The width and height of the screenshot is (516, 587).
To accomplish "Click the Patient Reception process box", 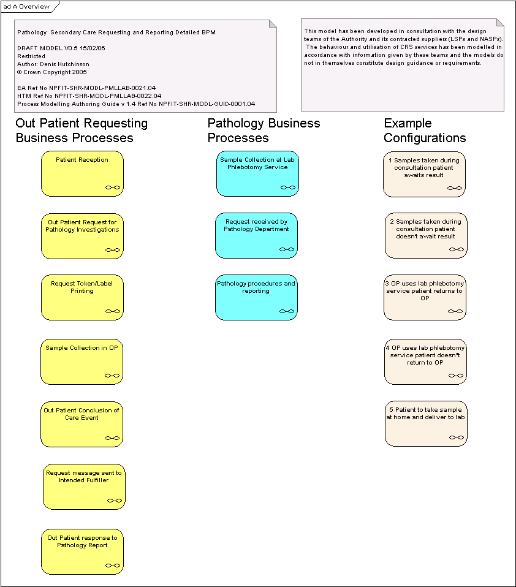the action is (x=82, y=173).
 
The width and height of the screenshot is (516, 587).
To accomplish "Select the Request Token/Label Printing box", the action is (x=82, y=298).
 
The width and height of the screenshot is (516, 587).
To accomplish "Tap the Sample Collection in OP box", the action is (x=82, y=362).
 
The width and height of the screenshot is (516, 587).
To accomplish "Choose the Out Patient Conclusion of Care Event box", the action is (x=82, y=425).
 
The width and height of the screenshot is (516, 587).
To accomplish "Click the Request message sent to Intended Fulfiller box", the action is (x=84, y=487).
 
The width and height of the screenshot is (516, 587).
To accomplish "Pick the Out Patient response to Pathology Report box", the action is (x=82, y=552).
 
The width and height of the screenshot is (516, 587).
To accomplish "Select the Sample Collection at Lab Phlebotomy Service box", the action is (x=257, y=173).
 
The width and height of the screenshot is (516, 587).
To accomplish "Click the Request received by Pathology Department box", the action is (x=257, y=236).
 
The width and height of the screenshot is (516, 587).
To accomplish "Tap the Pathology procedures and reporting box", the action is (x=257, y=298).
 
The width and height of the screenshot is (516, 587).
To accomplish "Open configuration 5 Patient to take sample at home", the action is (x=426, y=424).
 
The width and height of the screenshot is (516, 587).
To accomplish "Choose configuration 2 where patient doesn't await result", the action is (x=426, y=235).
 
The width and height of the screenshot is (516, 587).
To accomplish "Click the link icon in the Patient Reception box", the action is (x=113, y=187).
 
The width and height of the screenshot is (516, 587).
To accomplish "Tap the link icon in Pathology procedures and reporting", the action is (x=287, y=311).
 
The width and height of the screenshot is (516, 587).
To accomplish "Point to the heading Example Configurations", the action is (x=425, y=131).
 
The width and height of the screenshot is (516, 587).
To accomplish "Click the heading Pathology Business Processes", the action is (x=264, y=131).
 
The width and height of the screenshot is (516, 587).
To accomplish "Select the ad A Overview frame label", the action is (x=26, y=7).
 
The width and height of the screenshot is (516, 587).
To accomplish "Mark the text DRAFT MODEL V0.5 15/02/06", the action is (x=61, y=48).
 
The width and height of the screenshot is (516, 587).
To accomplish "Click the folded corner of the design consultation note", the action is (x=500, y=23).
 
